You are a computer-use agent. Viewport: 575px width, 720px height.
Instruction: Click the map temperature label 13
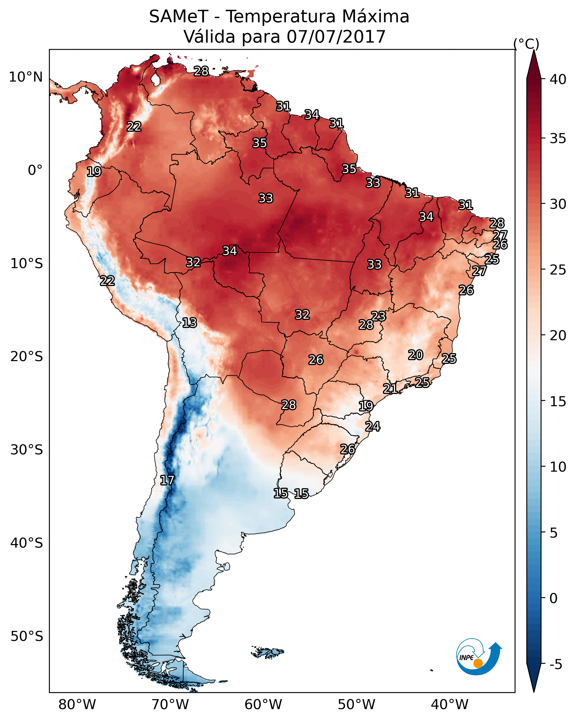pos(189,323)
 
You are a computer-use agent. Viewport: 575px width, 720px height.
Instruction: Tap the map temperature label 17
pos(167,480)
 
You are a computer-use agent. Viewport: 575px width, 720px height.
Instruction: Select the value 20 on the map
pos(416,355)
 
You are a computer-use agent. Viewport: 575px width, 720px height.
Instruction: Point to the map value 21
pos(390,388)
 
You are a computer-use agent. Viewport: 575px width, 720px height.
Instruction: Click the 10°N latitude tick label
pos(26,77)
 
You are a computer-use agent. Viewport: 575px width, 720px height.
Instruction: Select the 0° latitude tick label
pos(35,170)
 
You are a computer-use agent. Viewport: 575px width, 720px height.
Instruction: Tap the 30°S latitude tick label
pos(27,450)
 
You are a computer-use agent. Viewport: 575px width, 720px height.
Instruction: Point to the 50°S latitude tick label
pos(27,636)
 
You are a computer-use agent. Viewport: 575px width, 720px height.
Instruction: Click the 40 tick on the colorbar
pos(558,79)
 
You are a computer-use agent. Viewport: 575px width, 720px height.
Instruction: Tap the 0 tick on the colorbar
pos(553,598)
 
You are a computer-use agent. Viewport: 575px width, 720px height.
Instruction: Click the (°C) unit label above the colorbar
pos(526,44)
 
